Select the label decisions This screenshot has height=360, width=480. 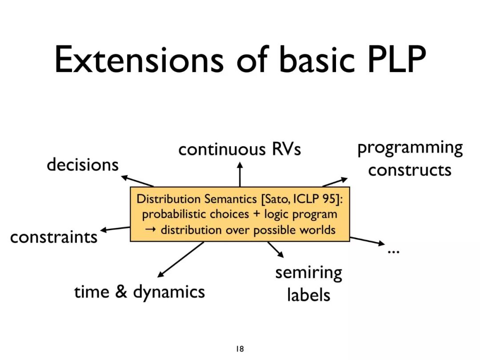(x=83, y=165)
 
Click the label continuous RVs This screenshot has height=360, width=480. (x=240, y=149)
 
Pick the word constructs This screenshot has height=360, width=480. (x=409, y=170)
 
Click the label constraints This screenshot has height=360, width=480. (x=54, y=237)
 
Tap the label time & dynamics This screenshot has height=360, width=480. (x=140, y=292)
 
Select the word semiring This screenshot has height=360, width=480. (x=308, y=272)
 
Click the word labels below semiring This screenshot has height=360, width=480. (x=308, y=295)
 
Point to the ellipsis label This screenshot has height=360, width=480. (x=393, y=252)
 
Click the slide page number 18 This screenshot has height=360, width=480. (x=240, y=349)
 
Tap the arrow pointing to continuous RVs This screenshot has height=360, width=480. (x=240, y=174)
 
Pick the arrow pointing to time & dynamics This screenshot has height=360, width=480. (x=180, y=260)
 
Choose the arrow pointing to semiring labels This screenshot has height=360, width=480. (x=276, y=249)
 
